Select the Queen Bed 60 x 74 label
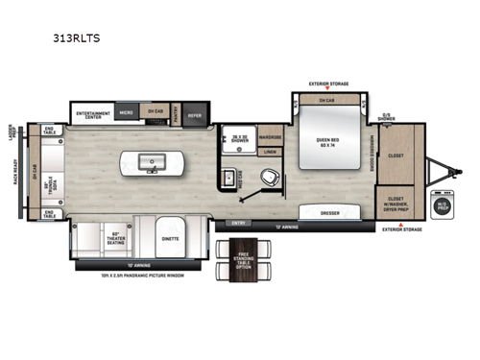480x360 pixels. tap(328, 140)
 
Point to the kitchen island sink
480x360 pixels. tap(151, 162)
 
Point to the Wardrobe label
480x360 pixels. tap(270, 136)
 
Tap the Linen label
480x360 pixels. tap(270, 151)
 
